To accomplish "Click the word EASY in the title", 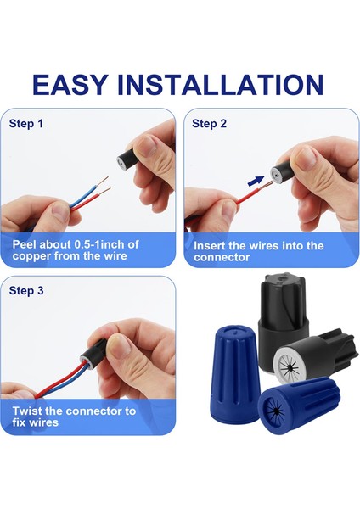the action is pyautogui.click(x=70, y=85).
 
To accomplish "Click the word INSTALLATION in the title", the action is pyautogui.click(x=220, y=85).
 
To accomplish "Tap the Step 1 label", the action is pyautogui.click(x=26, y=124).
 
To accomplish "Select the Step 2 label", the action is pyautogui.click(x=209, y=124).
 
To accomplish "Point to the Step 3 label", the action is pyautogui.click(x=26, y=290).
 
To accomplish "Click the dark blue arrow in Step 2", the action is pyautogui.click(x=256, y=181).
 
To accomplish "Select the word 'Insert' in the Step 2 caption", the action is pyautogui.click(x=209, y=246).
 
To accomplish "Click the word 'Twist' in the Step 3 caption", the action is pyautogui.click(x=27, y=411).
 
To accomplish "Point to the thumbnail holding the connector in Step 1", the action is pyautogui.click(x=147, y=145).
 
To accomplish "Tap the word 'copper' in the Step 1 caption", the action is pyautogui.click(x=31, y=256).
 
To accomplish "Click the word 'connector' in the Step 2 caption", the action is pyautogui.click(x=222, y=257).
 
